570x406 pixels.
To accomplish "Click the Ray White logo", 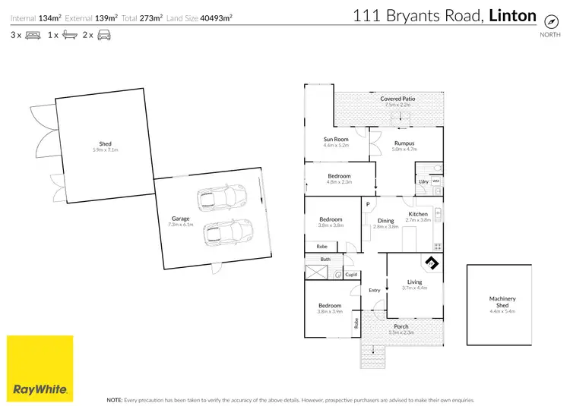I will coord(40,368).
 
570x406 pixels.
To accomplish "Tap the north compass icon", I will coord(546,22).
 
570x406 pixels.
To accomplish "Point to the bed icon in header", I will coord(33,36).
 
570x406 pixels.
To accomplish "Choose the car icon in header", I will coord(103,36).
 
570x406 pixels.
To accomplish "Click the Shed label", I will coord(105,144).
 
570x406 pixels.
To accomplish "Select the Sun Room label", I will coord(335,139).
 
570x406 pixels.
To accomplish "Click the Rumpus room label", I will coord(404,143).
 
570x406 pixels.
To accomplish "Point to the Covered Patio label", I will coord(397,99).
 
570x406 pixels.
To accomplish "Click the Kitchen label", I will coord(418,214).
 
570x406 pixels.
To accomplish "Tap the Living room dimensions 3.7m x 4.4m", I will coord(414,288).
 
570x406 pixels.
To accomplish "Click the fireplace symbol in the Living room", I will coord(432,263).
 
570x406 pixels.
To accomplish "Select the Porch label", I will coord(401,326).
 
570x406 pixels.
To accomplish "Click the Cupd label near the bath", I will coord(351,275).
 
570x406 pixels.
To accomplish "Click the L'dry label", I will coord(423,181).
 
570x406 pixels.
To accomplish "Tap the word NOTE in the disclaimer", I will coord(114,398).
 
